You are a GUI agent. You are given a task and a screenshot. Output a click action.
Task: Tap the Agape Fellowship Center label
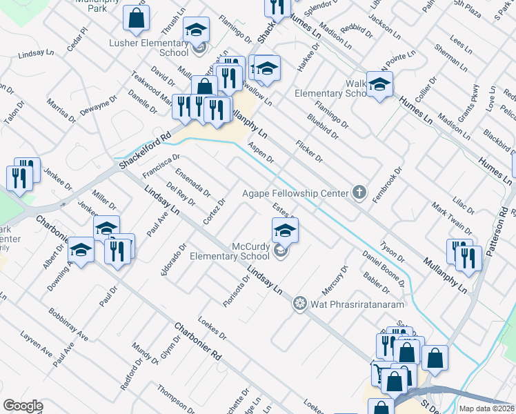(295, 193)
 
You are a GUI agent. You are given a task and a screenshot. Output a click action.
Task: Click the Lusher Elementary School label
(148, 47)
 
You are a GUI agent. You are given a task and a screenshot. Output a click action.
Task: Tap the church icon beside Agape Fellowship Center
(358, 193)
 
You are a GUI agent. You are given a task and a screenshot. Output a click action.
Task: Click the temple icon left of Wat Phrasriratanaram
(299, 303)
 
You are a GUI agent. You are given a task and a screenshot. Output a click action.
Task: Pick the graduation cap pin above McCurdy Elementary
(284, 230)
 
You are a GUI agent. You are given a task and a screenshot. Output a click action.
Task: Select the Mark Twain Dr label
(451, 217)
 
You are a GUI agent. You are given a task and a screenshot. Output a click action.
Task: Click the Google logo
(23, 406)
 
